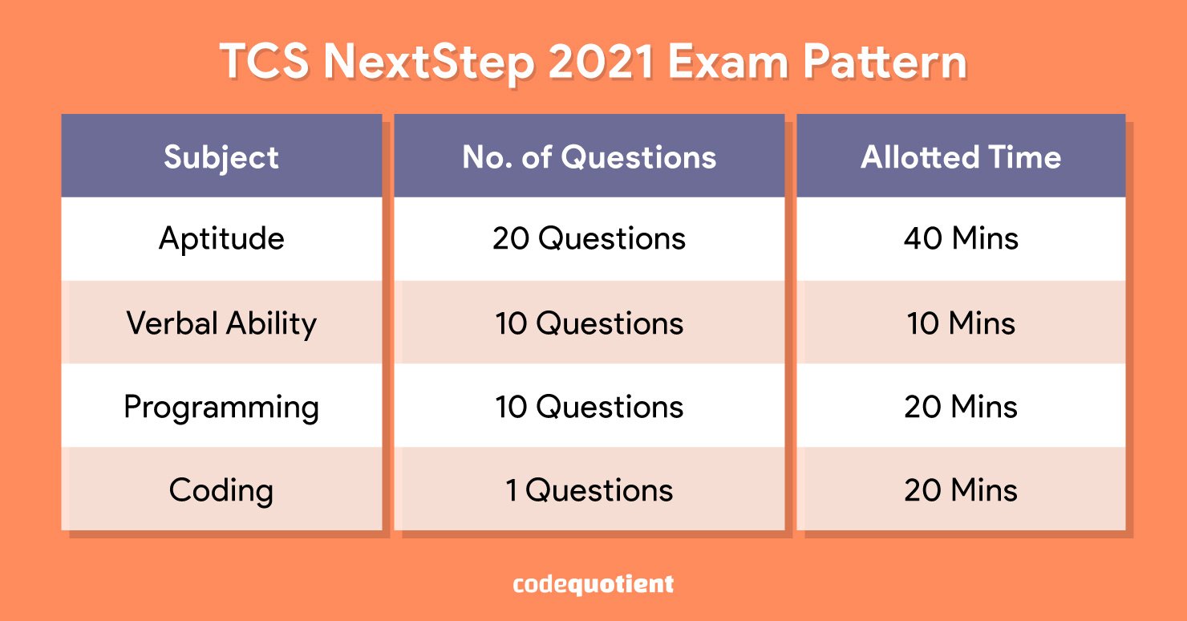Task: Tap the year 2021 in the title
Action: click(x=602, y=62)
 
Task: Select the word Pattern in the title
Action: click(x=885, y=62)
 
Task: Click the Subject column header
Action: click(x=221, y=157)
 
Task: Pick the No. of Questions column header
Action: click(x=589, y=157)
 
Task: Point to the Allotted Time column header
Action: click(x=961, y=157)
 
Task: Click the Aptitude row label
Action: click(x=221, y=238)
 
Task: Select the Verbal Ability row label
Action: click(x=221, y=323)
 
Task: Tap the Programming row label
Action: click(x=221, y=408)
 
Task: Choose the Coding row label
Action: click(x=221, y=490)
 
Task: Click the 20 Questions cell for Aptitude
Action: click(x=589, y=238)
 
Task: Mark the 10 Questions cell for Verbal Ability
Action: click(x=589, y=323)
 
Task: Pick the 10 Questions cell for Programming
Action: click(x=589, y=407)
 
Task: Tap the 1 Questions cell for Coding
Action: click(x=589, y=490)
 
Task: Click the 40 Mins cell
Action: click(x=961, y=237)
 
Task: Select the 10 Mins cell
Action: click(x=961, y=323)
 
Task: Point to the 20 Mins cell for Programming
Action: click(x=961, y=407)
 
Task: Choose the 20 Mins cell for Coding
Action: click(x=961, y=490)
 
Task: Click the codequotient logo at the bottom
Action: click(x=593, y=584)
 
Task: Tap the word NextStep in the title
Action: click(x=429, y=63)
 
